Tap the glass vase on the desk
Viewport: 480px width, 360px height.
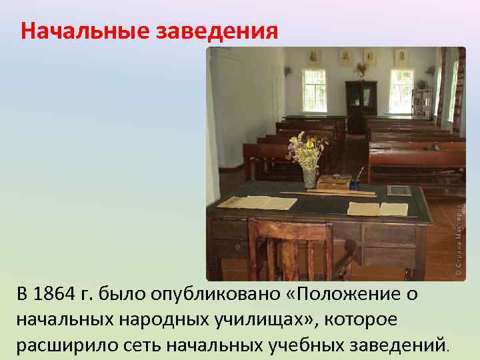310,177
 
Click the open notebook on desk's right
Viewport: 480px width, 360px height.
377,209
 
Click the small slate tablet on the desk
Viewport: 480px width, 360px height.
399,190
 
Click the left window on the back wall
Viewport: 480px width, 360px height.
314,90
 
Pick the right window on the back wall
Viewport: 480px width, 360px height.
401,91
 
